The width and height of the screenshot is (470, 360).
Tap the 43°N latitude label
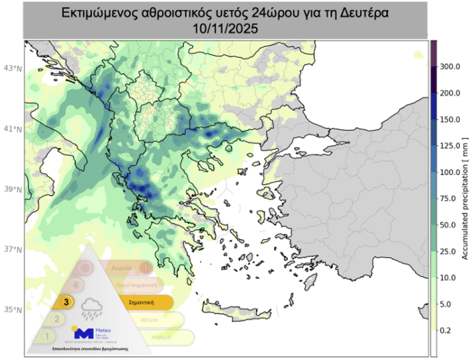pyautogui.click(x=12, y=68)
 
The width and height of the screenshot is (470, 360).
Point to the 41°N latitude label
pyautogui.click(x=12, y=129)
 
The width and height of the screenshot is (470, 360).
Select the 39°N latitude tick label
pyautogui.click(x=12, y=189)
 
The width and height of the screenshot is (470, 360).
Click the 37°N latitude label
pyautogui.click(x=12, y=249)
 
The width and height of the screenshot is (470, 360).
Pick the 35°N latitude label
pyautogui.click(x=12, y=310)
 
